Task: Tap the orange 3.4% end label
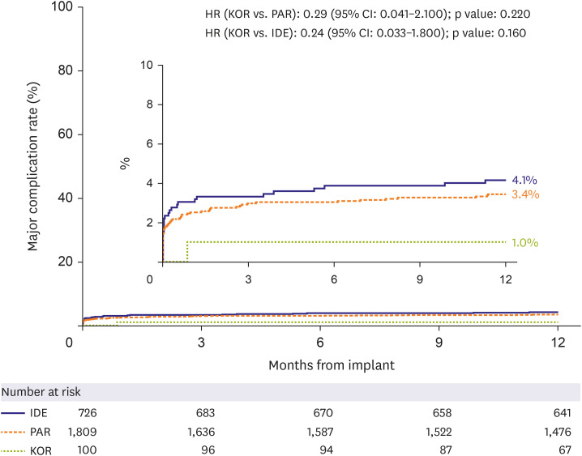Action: click(x=526, y=194)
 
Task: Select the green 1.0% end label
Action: click(x=525, y=242)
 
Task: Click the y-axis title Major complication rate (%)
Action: click(x=35, y=162)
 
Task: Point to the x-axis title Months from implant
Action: click(x=332, y=364)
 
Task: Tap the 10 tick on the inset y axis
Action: click(x=146, y=64)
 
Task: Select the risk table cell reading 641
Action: click(x=558, y=411)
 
